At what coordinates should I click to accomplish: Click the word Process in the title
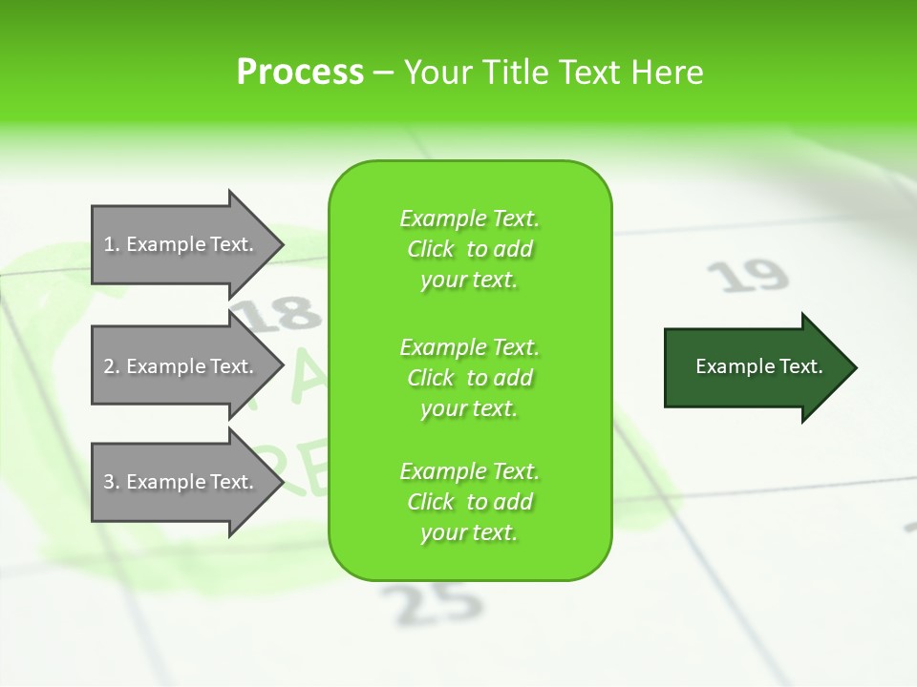(x=300, y=73)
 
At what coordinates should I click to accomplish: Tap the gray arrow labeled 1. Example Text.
(x=181, y=244)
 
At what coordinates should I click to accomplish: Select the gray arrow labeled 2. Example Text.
(x=181, y=366)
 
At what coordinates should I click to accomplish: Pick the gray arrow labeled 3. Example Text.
(x=181, y=482)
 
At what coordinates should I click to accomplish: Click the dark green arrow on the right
(x=755, y=366)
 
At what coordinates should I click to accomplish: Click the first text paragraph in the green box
(x=469, y=249)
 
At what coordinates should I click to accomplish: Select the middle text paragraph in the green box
(x=469, y=378)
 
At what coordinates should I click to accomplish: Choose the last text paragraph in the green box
(x=469, y=502)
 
